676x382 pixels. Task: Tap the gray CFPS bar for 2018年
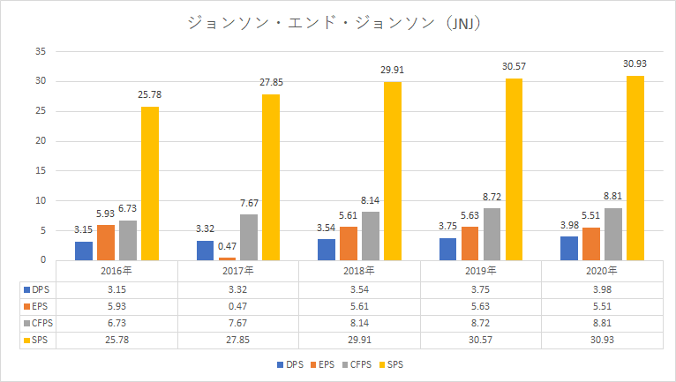point(370,236)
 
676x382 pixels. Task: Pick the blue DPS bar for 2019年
point(447,249)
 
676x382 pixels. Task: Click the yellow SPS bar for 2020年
point(635,168)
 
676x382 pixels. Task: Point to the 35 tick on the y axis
point(41,51)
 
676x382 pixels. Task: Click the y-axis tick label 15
point(41,170)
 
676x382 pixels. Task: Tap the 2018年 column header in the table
point(359,270)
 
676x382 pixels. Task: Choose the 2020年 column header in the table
point(603,270)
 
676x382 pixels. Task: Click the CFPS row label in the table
point(36,324)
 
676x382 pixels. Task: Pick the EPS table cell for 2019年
point(481,306)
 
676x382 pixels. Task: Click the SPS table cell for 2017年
point(237,341)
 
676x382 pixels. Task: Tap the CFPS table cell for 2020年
point(603,324)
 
